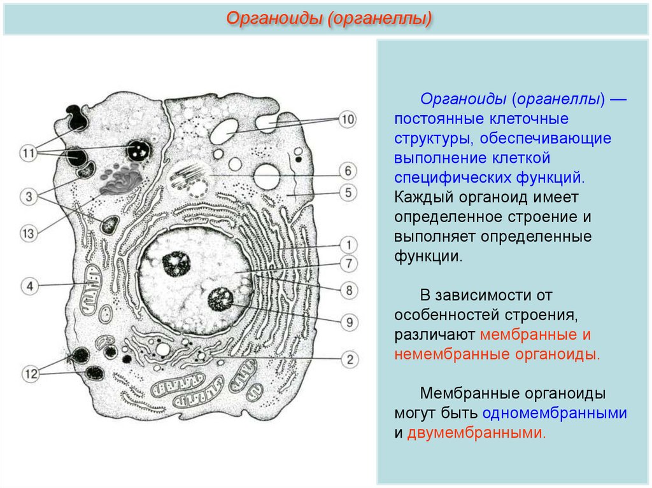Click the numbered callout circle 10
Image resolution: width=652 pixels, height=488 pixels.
347,119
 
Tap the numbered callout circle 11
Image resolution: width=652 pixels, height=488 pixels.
29,153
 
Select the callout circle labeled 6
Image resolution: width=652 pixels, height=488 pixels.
348,171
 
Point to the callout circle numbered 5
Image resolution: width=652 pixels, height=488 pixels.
348,191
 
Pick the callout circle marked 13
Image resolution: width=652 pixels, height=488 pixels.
29,234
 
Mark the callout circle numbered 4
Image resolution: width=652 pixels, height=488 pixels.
29,285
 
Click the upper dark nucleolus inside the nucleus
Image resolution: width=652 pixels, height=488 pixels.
173,262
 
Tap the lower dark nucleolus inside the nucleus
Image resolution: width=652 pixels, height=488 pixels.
220,298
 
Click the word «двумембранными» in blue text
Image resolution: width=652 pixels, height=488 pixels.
476,433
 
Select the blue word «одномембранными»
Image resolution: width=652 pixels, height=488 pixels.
555,412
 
